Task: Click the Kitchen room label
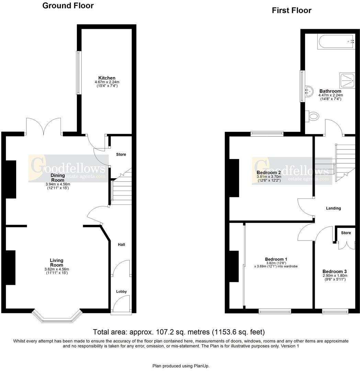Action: pos(107,78)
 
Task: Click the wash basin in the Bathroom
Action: pos(308,91)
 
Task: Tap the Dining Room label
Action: pos(58,178)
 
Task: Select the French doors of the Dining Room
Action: pos(44,127)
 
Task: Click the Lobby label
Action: pos(121,291)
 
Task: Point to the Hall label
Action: pos(121,245)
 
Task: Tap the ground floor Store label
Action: pos(121,155)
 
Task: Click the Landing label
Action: pos(333,208)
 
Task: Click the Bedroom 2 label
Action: pos(269,172)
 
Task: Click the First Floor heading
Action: pos(291,11)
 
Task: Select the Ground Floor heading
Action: pos(68,6)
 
